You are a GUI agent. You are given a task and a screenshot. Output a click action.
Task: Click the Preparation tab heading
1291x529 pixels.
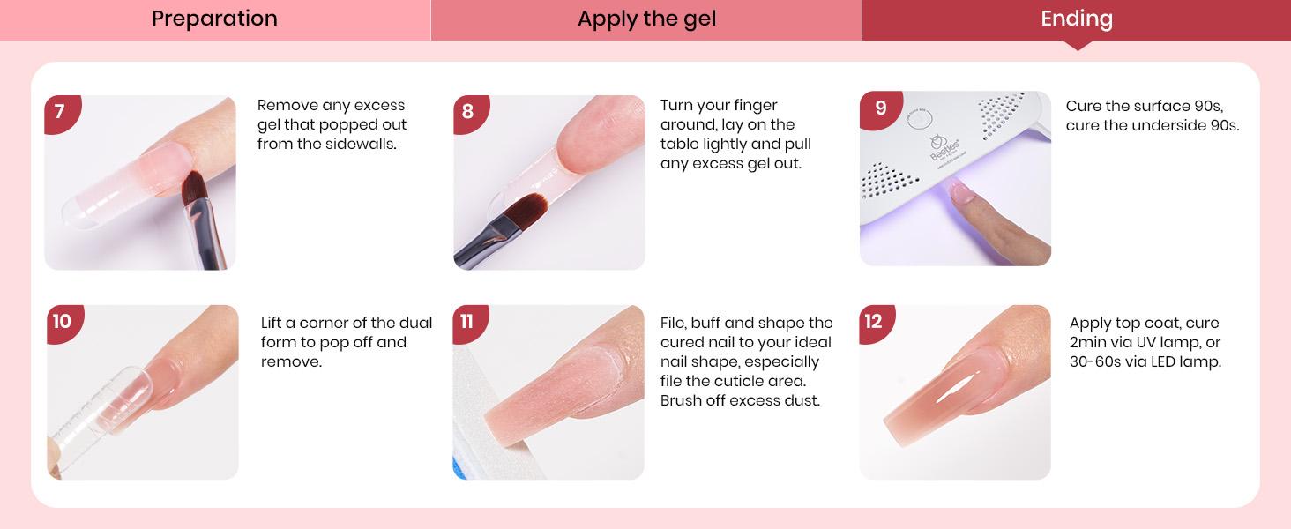pos(214,19)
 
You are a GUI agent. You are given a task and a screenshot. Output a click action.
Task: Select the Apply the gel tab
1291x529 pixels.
pos(646,19)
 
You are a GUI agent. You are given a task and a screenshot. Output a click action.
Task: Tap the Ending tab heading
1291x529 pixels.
pos(1076,19)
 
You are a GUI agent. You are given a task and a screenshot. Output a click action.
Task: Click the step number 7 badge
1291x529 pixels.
pos(60,112)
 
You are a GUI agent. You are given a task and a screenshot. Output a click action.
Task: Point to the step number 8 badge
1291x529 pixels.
pos(467,112)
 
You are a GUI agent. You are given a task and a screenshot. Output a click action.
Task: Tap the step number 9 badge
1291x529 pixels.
pos(880,108)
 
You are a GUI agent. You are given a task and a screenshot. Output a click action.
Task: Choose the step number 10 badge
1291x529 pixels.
pos(62,321)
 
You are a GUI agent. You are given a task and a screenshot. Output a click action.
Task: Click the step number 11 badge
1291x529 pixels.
pos(467,322)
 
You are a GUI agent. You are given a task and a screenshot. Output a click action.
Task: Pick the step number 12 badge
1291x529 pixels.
pos(874,322)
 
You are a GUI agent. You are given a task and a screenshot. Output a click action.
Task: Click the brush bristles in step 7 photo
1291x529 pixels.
pos(193,187)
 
